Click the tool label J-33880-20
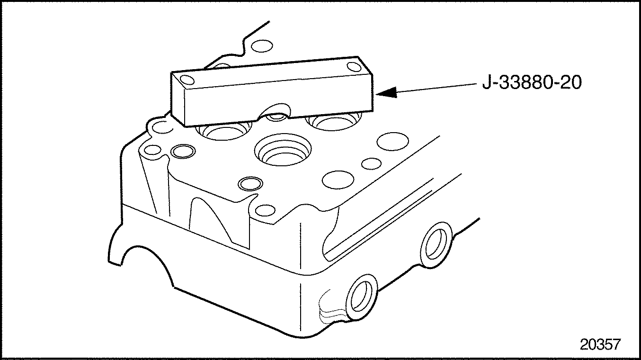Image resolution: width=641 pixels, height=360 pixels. click(532, 82)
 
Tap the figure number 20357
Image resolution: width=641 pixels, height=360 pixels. click(600, 344)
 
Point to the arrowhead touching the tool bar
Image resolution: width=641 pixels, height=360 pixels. click(386, 92)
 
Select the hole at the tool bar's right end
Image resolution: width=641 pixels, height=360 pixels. click(354, 67)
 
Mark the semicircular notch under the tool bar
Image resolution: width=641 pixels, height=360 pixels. click(274, 110)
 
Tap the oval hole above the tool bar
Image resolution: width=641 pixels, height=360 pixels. click(262, 46)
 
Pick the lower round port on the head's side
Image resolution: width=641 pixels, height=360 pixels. click(361, 297)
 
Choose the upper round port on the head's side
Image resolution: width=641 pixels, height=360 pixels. click(436, 245)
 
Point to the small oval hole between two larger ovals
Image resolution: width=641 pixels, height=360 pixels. click(371, 163)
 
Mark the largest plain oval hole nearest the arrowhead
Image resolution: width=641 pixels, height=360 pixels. click(392, 142)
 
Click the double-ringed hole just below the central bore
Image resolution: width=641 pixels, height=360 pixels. click(250, 184)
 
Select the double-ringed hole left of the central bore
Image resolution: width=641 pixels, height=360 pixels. click(183, 151)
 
